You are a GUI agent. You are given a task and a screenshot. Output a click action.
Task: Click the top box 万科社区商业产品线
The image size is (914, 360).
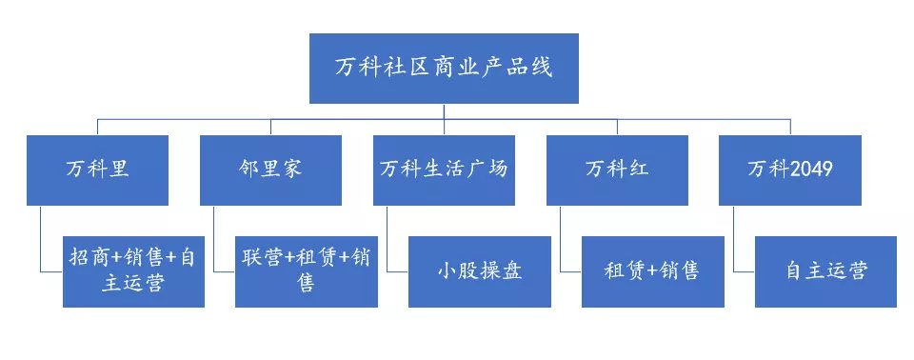[x=444, y=69]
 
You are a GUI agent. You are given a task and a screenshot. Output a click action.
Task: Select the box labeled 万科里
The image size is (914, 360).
[x=98, y=170]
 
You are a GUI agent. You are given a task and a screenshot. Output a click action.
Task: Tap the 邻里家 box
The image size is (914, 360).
[x=270, y=170]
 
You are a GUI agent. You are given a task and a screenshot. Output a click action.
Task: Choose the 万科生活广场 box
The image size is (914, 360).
[x=444, y=170]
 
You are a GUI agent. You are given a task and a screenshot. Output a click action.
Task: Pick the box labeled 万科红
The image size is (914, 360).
[x=617, y=170]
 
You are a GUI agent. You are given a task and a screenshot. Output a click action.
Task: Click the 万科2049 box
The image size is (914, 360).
[x=790, y=170]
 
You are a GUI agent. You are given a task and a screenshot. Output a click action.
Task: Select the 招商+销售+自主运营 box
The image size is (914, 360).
[x=133, y=271]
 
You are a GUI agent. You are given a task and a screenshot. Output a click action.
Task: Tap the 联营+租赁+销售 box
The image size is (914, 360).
[x=307, y=271]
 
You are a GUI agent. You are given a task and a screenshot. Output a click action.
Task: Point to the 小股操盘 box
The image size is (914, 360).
[x=480, y=271]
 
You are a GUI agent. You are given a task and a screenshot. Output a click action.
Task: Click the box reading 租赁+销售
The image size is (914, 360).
[x=653, y=271]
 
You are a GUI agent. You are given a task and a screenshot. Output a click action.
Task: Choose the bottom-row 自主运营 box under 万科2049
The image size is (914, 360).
[x=826, y=271]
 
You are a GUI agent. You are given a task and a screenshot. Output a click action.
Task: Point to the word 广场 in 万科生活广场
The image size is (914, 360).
[x=488, y=170]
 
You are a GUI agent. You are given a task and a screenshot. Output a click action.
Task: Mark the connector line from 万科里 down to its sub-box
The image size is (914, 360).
[x=42, y=238]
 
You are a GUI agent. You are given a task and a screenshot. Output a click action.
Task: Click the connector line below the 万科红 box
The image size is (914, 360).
[x=562, y=238]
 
